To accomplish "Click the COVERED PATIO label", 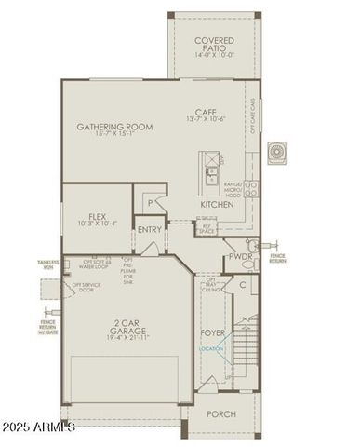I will click(214, 44).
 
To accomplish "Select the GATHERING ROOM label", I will click(114, 127).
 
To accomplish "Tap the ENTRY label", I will click(149, 229).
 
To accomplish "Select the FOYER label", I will click(213, 332).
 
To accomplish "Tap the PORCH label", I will click(220, 413).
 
